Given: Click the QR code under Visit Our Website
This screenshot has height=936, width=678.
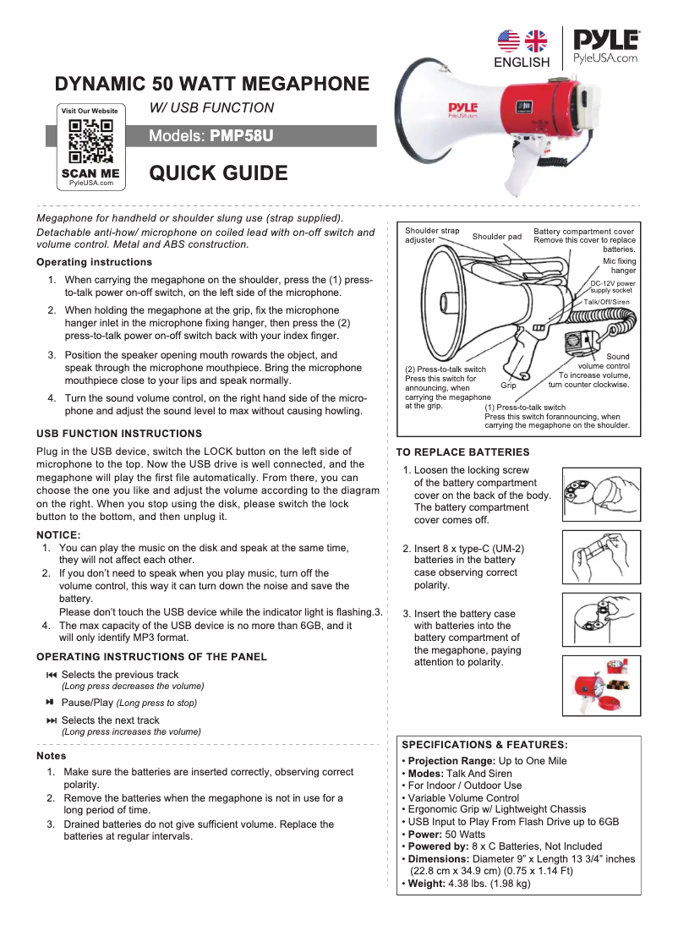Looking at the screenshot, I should click(90, 142).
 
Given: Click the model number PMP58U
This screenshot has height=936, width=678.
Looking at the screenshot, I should click(242, 136).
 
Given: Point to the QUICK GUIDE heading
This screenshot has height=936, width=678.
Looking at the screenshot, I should click(218, 174).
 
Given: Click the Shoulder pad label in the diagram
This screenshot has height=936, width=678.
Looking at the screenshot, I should click(496, 237).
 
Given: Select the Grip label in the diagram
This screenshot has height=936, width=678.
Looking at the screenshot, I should click(508, 386).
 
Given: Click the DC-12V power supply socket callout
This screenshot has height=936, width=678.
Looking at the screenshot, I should click(612, 287).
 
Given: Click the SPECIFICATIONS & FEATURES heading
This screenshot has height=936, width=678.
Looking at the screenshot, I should click(484, 745).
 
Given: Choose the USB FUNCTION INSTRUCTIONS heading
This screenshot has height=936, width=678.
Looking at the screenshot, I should click(119, 434).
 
